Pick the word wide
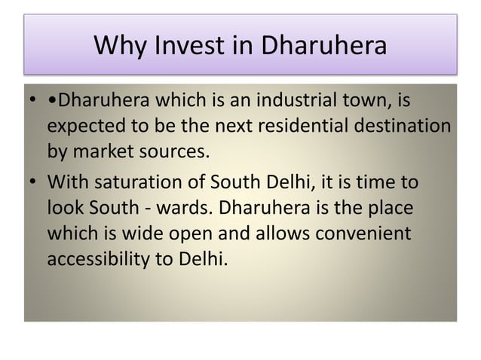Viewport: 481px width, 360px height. click(x=148, y=233)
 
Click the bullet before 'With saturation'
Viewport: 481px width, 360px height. click(x=32, y=184)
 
